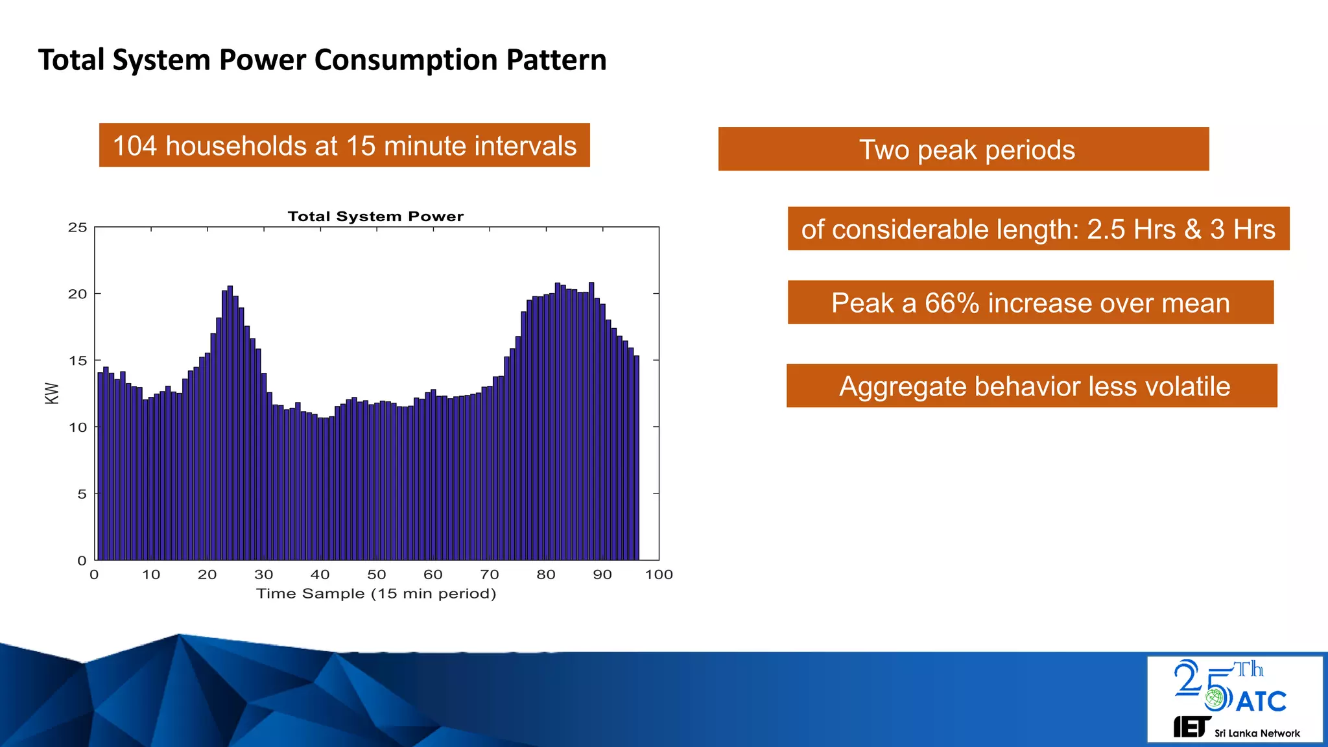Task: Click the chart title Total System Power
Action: point(375,217)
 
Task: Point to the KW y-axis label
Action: point(52,393)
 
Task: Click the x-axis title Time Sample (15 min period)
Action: point(376,593)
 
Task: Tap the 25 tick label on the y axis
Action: point(77,228)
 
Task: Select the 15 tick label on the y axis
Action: point(77,361)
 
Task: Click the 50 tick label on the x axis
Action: point(377,575)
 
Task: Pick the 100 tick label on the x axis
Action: point(659,575)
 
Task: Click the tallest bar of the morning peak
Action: point(230,421)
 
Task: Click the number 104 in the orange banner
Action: point(135,146)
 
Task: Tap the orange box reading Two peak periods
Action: point(964,150)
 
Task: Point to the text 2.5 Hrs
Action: point(1131,230)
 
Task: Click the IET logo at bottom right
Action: point(1191,727)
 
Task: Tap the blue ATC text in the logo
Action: point(1261,702)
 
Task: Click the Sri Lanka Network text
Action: point(1257,733)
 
